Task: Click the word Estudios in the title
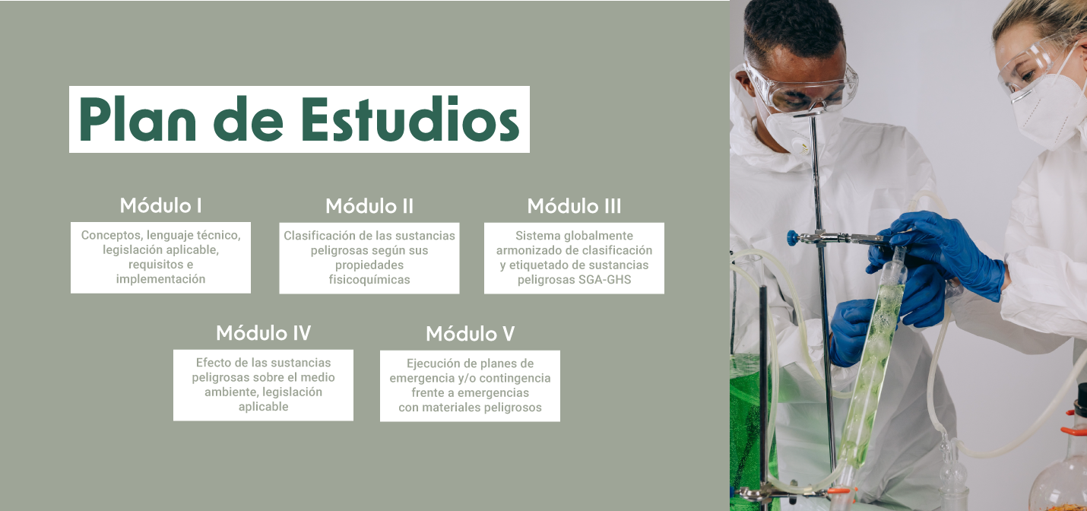pos(410,119)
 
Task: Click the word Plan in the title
pos(138,119)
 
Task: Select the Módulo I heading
pos(160,206)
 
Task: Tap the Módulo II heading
pos(369,206)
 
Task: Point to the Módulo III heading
pos(574,206)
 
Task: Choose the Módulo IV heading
pos(264,333)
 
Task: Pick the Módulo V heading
pos(471,334)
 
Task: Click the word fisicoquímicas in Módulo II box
pos(369,280)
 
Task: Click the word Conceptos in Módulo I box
pos(112,236)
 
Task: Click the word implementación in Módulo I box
pos(160,279)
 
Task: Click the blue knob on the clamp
pos(793,238)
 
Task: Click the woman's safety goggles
pos(1034,68)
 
